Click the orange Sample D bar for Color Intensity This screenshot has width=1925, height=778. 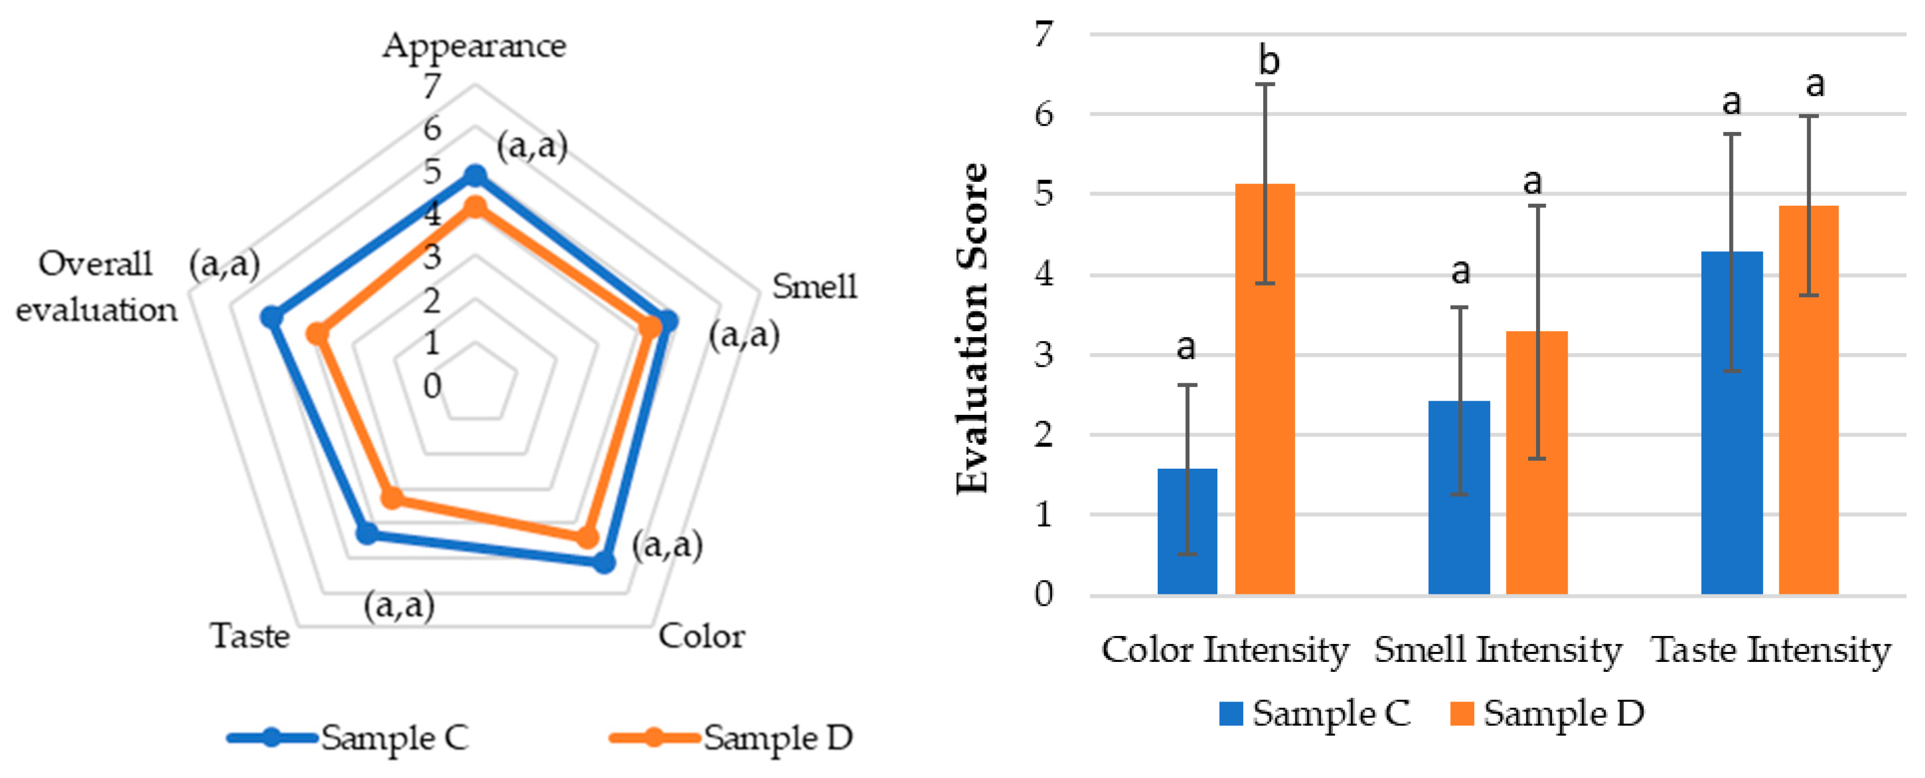coord(1264,388)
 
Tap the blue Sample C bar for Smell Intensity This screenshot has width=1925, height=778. coord(1459,497)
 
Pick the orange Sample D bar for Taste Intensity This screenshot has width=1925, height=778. coord(1808,400)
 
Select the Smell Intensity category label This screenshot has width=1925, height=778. coord(1498,650)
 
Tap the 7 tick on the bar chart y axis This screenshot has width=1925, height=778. coord(1044,34)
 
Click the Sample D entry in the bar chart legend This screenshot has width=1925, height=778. coord(1547,714)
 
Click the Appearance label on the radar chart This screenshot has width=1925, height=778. coord(474,46)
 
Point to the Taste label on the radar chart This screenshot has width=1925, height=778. coord(250,637)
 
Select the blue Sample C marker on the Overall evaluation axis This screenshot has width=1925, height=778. coord(271,318)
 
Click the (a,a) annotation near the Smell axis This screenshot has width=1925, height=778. coord(744,336)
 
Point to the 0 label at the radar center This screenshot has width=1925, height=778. coord(432,386)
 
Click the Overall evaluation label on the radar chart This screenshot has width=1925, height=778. coord(97,287)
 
